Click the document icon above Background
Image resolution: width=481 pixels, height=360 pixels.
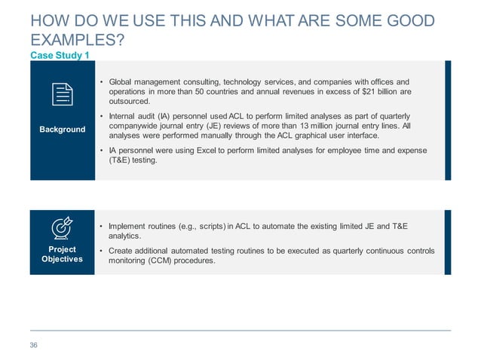click(x=63, y=95)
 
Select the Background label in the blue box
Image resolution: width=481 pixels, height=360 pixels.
click(x=63, y=130)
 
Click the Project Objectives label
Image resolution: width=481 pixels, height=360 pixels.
click(x=63, y=254)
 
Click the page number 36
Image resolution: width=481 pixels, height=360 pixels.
click(x=33, y=345)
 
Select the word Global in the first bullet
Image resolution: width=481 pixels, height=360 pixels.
click(x=122, y=81)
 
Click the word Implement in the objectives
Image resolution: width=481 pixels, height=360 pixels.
click(x=130, y=226)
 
